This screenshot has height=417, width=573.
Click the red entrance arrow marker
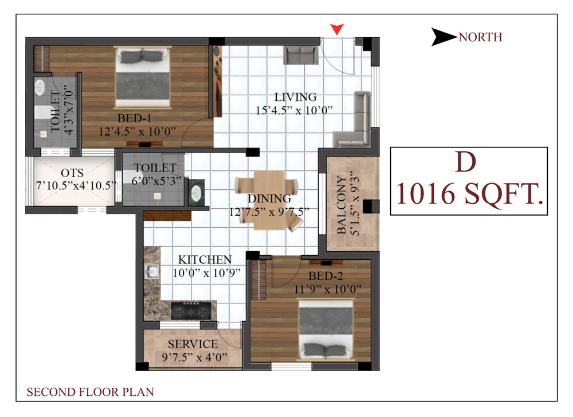coord(336,29)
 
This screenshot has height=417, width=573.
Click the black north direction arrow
coord(444,37)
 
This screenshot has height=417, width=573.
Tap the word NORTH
coord(480,37)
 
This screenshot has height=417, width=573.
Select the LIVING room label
coord(295,97)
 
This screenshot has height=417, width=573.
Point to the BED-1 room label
coord(135,118)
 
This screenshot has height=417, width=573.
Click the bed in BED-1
coord(143,77)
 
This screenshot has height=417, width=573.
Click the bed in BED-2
coord(326,329)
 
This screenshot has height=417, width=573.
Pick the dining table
coord(269,200)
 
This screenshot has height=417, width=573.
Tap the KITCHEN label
coord(205,260)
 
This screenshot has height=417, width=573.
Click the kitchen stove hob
coord(191,310)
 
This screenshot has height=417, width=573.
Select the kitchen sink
coord(152,272)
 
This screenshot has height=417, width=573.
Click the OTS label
coord(72,173)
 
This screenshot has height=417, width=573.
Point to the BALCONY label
coord(341,205)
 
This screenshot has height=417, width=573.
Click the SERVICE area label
coord(193,344)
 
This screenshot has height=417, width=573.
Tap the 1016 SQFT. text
coord(469,193)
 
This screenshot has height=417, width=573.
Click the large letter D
coord(465,162)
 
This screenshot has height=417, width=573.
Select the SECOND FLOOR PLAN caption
coord(91,392)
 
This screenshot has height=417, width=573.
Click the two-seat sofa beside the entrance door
coord(301,55)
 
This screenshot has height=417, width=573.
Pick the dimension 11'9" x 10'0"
coord(328,289)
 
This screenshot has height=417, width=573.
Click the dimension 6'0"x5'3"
coord(156,181)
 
